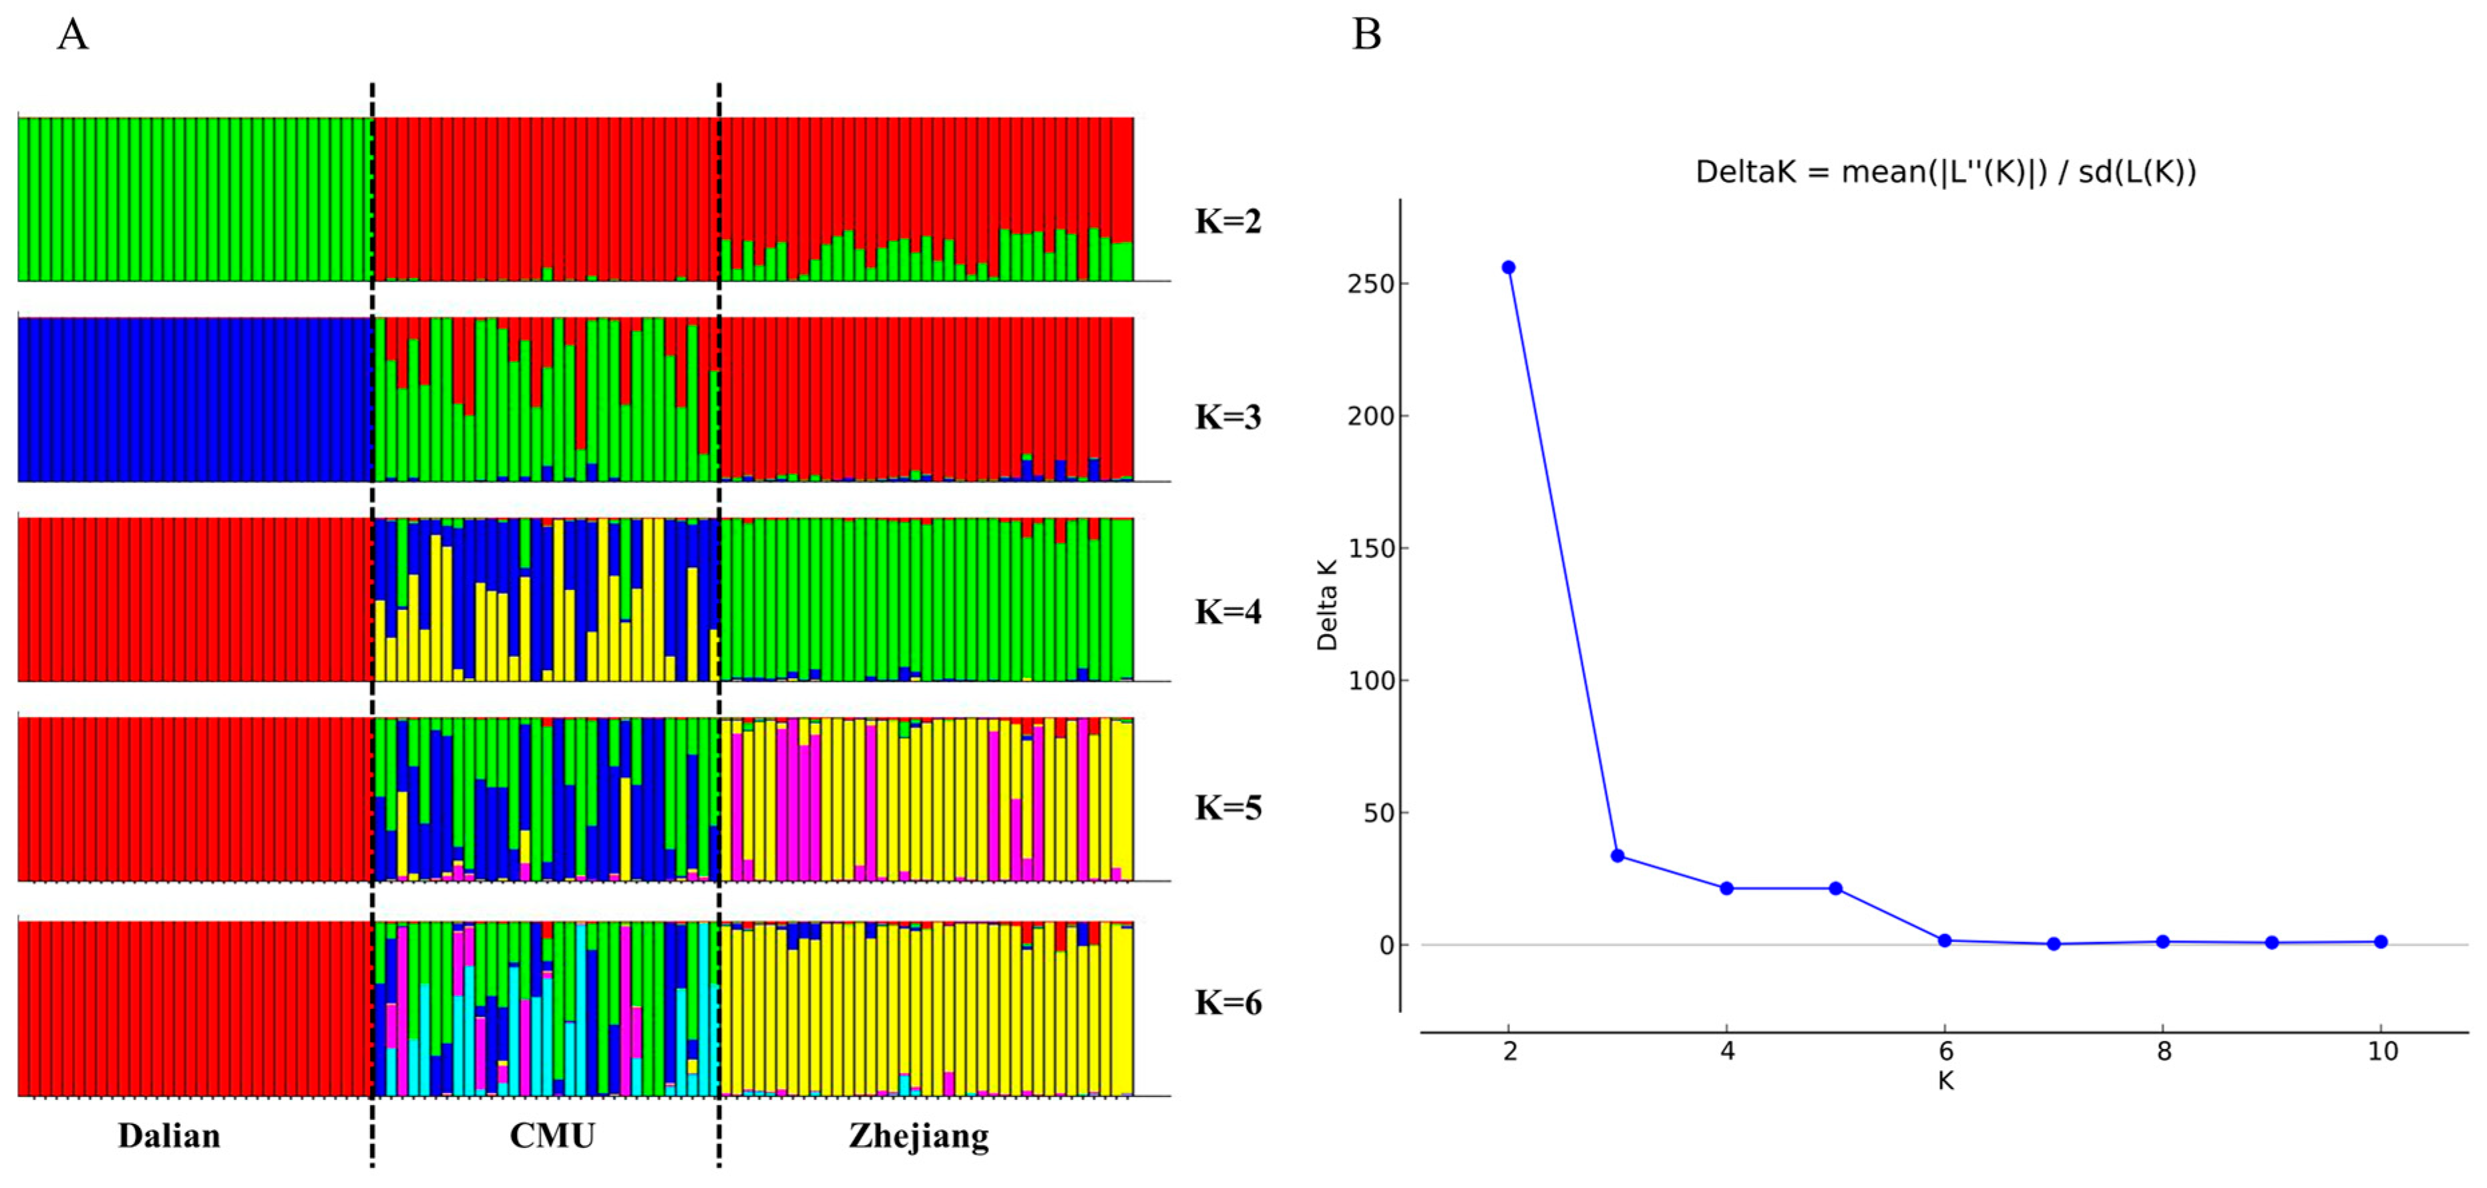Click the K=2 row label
click(1227, 221)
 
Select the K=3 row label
click(1227, 416)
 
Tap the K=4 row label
click(1227, 611)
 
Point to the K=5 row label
click(1227, 807)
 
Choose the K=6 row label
click(1227, 1002)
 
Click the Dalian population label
click(169, 1135)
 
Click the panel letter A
click(72, 35)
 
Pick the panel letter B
click(1366, 35)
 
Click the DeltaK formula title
click(1945, 172)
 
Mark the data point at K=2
click(1508, 267)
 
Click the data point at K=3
click(1617, 856)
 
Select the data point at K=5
click(1835, 887)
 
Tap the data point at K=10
click(2381, 941)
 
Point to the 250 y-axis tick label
click(1371, 284)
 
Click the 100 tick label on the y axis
click(1371, 681)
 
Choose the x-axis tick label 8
click(2164, 1051)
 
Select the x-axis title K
click(1945, 1081)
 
